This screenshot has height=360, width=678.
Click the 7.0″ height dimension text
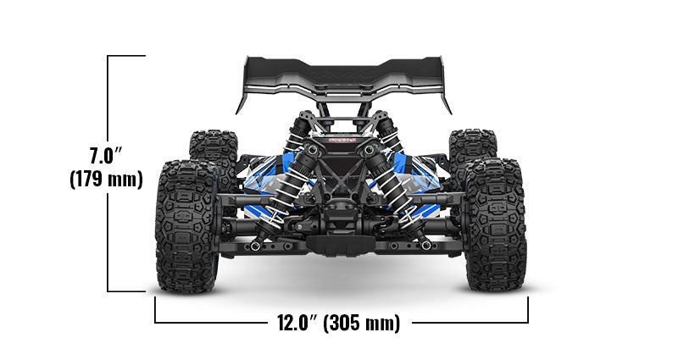(x=108, y=156)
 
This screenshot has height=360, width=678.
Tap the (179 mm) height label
(x=105, y=180)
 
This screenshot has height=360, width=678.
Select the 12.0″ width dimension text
(x=296, y=323)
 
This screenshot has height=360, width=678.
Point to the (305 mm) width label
(x=363, y=323)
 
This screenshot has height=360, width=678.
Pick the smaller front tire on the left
(x=212, y=152)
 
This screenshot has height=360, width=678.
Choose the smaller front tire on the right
(x=470, y=152)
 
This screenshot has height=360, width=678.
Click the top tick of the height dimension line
(x=127, y=56)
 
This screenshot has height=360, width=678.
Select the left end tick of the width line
(x=155, y=310)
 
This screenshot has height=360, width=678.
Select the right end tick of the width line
(x=528, y=310)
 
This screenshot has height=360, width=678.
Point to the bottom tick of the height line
(x=127, y=291)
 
